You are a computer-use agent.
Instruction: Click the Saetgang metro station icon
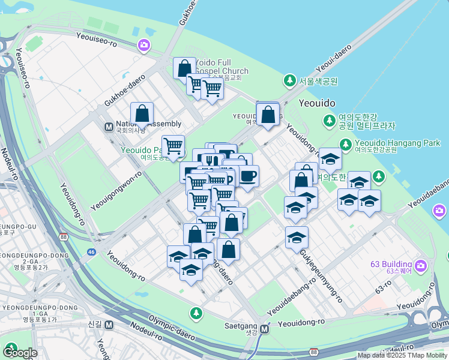click(x=264, y=329)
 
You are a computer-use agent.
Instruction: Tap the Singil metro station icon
click(x=109, y=325)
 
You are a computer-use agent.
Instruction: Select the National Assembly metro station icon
click(x=109, y=127)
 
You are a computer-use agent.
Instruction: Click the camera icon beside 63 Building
click(x=421, y=265)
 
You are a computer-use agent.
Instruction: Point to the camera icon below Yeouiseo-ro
click(x=143, y=44)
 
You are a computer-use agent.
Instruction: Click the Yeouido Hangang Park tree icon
click(x=345, y=144)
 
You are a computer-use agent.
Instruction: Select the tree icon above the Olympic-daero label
click(x=196, y=313)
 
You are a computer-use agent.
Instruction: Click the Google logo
click(x=20, y=352)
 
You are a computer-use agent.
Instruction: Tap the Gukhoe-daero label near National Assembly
click(x=125, y=89)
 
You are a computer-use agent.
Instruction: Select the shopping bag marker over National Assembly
click(x=142, y=113)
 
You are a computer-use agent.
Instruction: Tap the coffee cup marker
click(x=248, y=176)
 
